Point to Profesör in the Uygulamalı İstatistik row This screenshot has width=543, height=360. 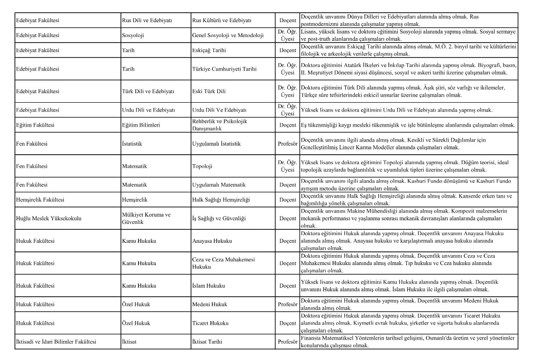tap(288, 144)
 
